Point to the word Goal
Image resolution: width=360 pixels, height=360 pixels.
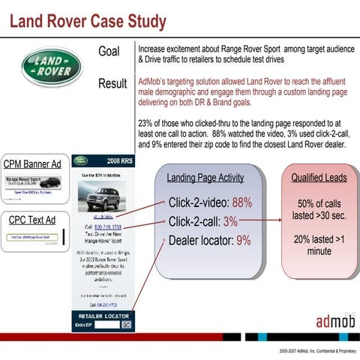click(109, 51)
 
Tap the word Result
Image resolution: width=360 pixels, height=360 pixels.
click(112, 83)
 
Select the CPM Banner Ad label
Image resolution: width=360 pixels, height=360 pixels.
click(33, 164)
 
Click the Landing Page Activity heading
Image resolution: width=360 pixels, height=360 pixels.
click(205, 178)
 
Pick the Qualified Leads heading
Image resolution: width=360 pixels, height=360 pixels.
click(319, 178)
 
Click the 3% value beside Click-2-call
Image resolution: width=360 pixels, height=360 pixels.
click(229, 221)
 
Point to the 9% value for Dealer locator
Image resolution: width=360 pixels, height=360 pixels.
click(244, 241)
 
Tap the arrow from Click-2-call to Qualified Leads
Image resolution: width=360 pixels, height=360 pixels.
click(262, 221)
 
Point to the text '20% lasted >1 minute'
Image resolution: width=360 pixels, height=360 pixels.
click(319, 244)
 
